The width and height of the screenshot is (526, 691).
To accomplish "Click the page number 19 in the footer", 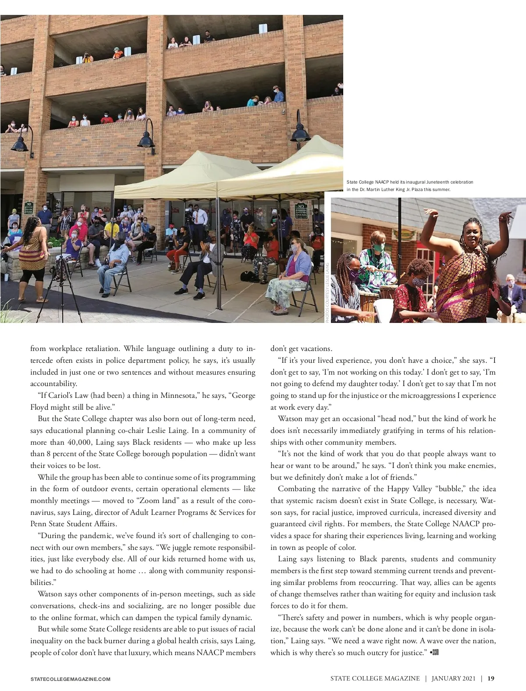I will pyautogui.click(x=491, y=678).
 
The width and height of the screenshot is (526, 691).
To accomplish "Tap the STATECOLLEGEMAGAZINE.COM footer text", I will pyautogui.click(x=70, y=679).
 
